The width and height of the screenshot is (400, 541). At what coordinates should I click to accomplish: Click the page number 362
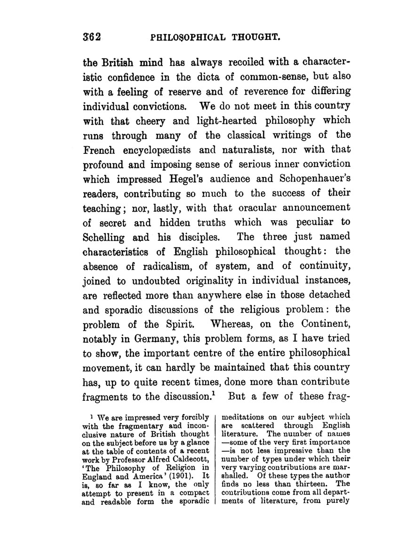point(93,37)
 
